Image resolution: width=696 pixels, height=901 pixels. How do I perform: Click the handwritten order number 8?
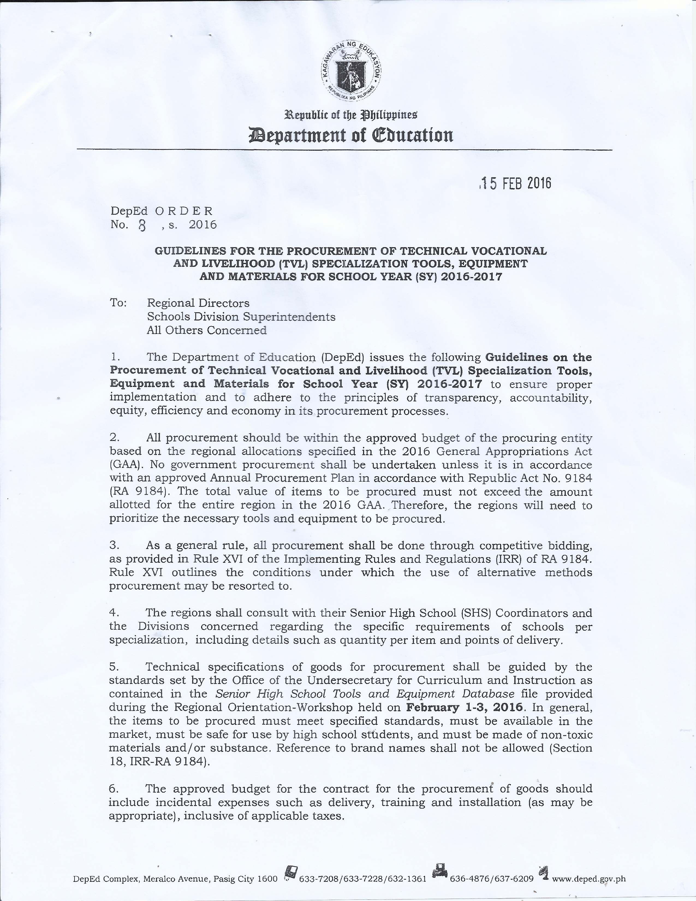(x=142, y=226)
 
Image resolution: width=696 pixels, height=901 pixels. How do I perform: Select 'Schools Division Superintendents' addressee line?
(x=241, y=317)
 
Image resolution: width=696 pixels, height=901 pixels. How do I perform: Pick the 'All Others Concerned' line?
(x=207, y=330)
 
